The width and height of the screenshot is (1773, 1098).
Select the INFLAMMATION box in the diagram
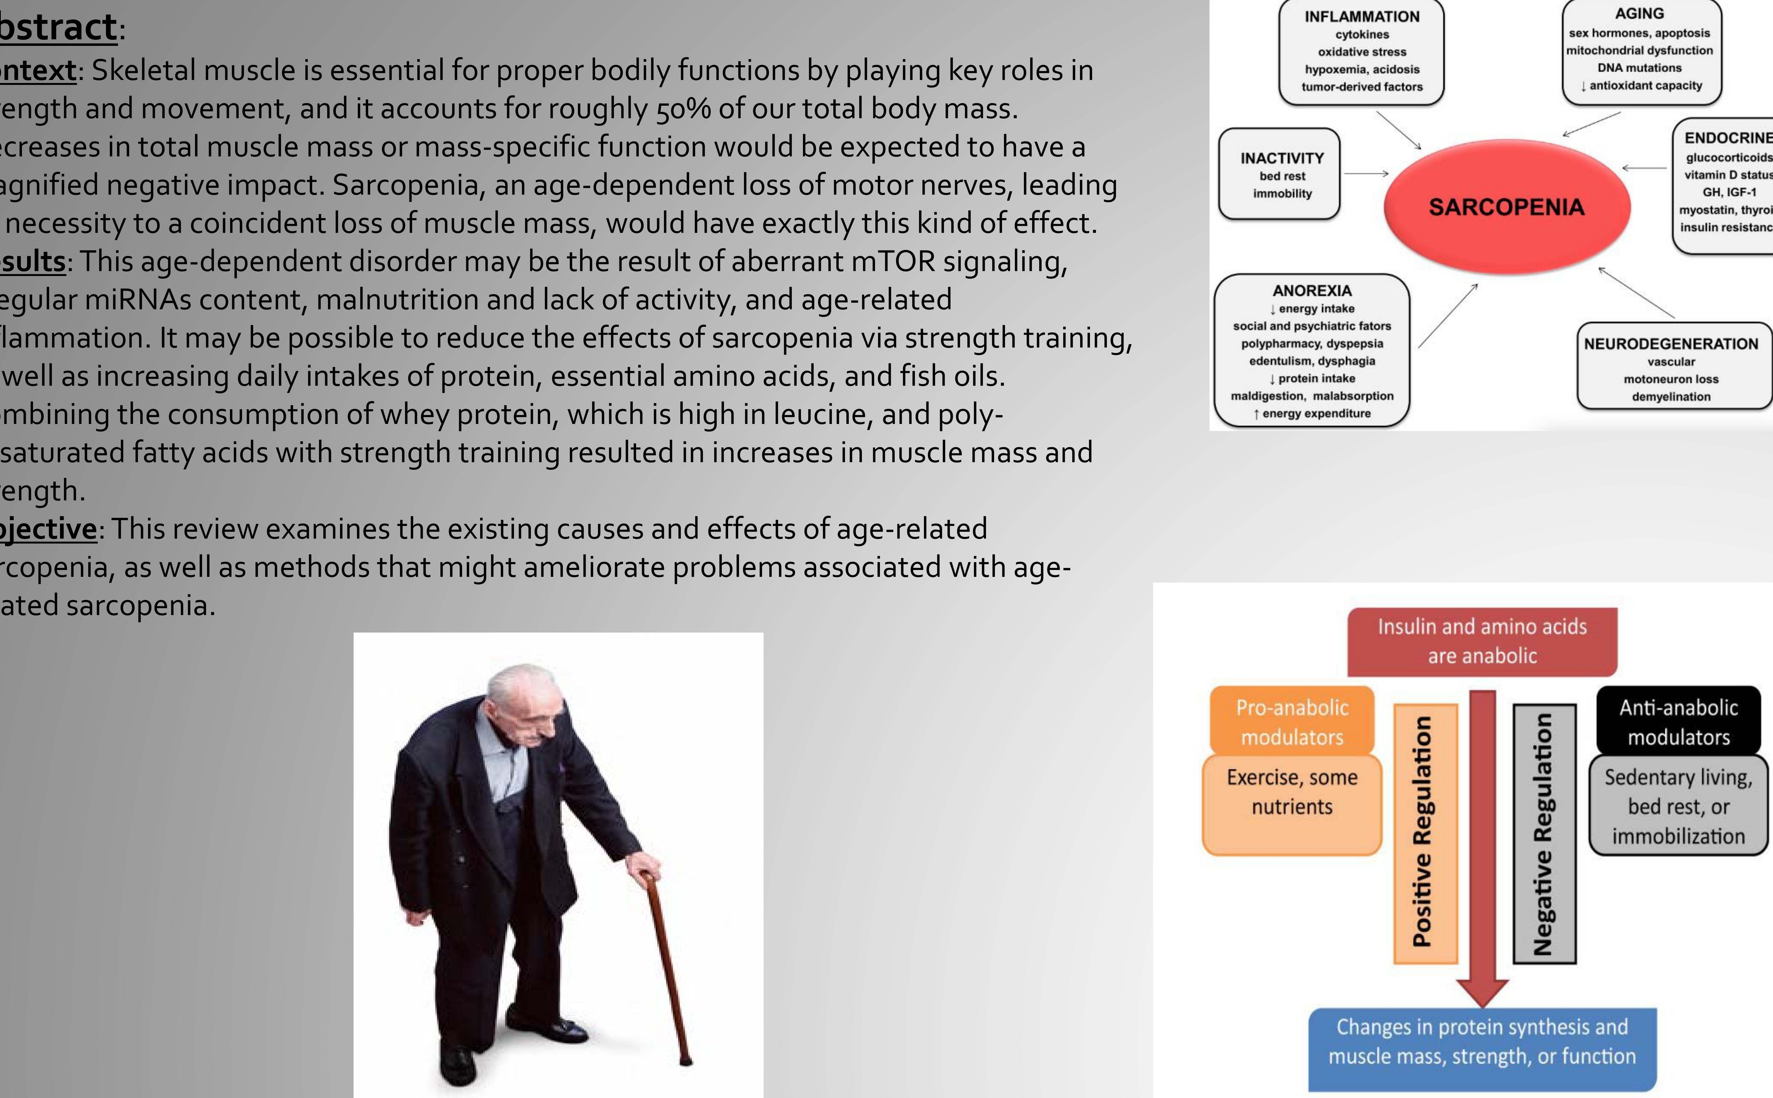point(1361,52)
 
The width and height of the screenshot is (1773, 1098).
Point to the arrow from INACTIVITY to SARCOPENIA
point(1366,174)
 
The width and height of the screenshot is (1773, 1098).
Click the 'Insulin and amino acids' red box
point(1482,641)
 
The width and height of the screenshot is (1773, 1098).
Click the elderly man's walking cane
point(665,966)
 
